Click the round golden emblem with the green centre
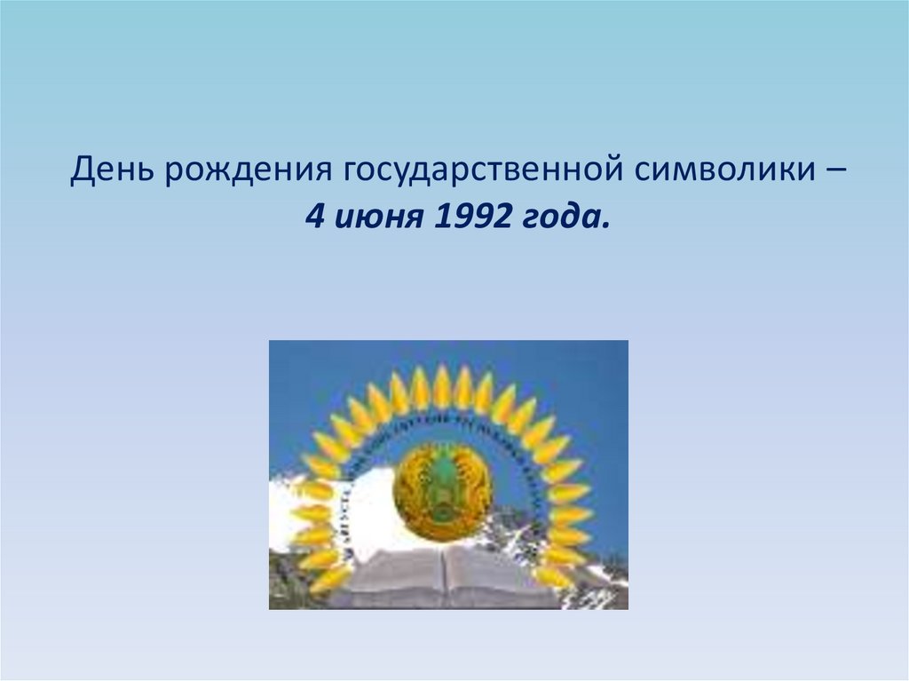[443, 492]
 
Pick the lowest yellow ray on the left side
[330, 579]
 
